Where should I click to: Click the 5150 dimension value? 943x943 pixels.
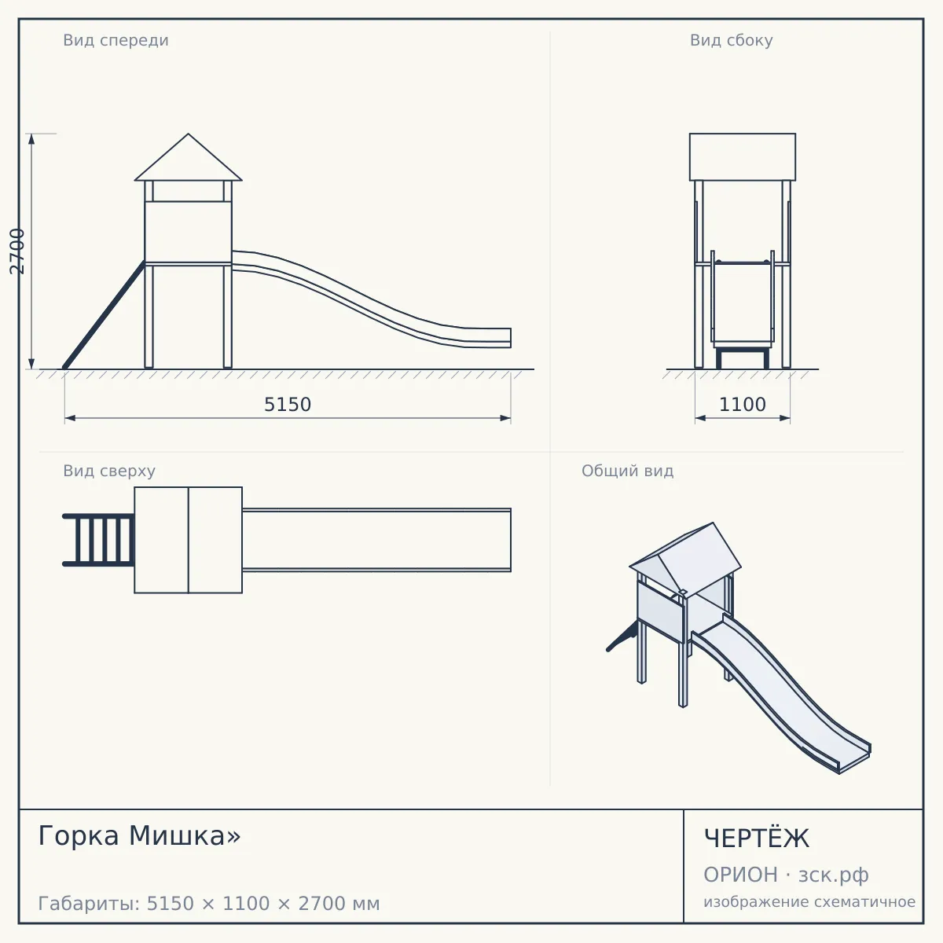pyautogui.click(x=288, y=405)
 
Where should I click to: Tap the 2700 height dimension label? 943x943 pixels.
pyautogui.click(x=17, y=251)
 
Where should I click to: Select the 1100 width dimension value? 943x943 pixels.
pyautogui.click(x=742, y=405)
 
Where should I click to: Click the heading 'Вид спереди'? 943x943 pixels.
pyautogui.click(x=116, y=40)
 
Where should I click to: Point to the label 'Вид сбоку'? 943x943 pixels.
pyautogui.click(x=731, y=40)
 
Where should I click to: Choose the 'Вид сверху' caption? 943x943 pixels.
pyautogui.click(x=109, y=471)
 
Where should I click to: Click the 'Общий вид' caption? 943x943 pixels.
pyautogui.click(x=627, y=471)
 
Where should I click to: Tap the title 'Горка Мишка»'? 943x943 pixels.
pyautogui.click(x=139, y=835)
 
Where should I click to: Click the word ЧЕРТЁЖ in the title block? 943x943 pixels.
pyautogui.click(x=757, y=838)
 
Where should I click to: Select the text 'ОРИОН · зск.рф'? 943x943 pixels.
pyautogui.click(x=786, y=875)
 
